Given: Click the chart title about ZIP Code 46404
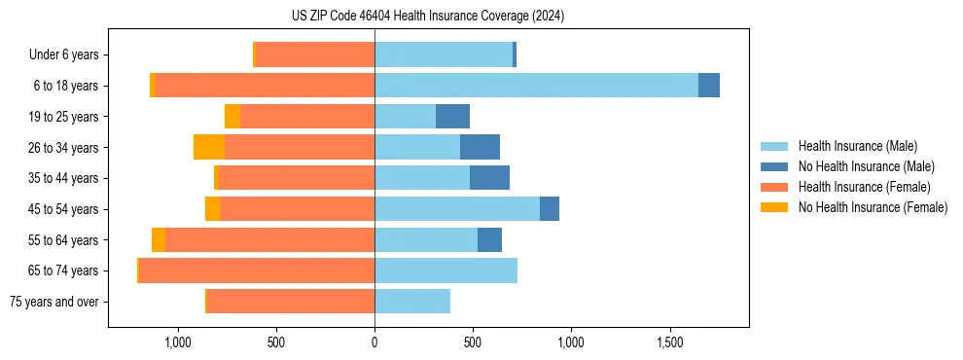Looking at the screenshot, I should point(427,17).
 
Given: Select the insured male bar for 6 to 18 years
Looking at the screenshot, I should point(536,86).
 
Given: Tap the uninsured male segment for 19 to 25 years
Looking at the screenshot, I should point(452,117).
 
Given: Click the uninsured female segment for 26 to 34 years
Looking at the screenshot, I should point(209,147).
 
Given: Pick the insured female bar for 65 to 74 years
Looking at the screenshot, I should point(257,270).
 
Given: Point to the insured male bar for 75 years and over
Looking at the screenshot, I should point(412,302).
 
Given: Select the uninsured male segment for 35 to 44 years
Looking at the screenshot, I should point(489,178).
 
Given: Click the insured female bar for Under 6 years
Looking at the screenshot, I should point(315,54).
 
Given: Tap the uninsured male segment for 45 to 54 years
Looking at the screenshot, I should point(550,209).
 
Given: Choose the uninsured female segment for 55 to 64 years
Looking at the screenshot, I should point(159,239).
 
